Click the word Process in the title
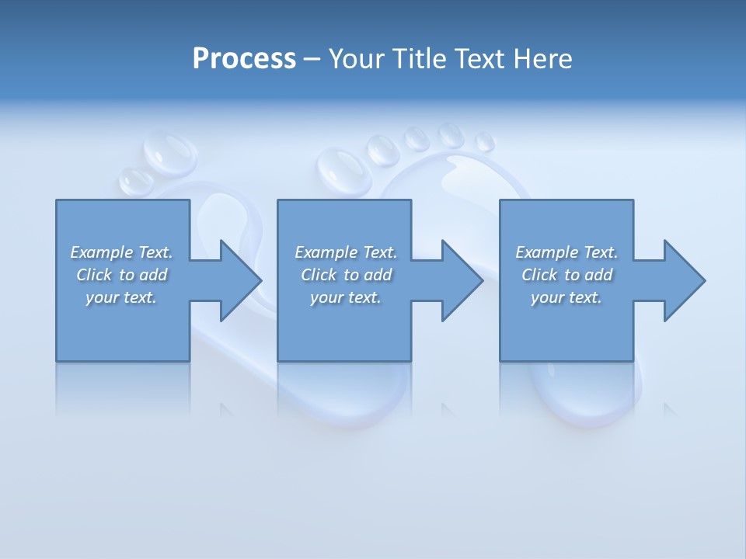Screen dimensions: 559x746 [244, 59]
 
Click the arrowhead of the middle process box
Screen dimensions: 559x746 [462, 280]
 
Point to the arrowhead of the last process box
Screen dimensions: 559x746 [683, 280]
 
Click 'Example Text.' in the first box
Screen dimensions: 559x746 [121, 252]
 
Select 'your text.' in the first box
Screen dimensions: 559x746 [121, 297]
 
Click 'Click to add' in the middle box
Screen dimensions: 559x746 [346, 275]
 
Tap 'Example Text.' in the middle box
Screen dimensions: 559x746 [346, 252]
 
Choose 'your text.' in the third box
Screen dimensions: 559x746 [566, 297]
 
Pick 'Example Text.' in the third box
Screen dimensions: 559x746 [566, 252]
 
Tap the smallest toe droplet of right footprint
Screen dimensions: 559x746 [485, 142]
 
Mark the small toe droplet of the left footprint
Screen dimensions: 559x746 [137, 181]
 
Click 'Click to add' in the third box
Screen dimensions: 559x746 [566, 275]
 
